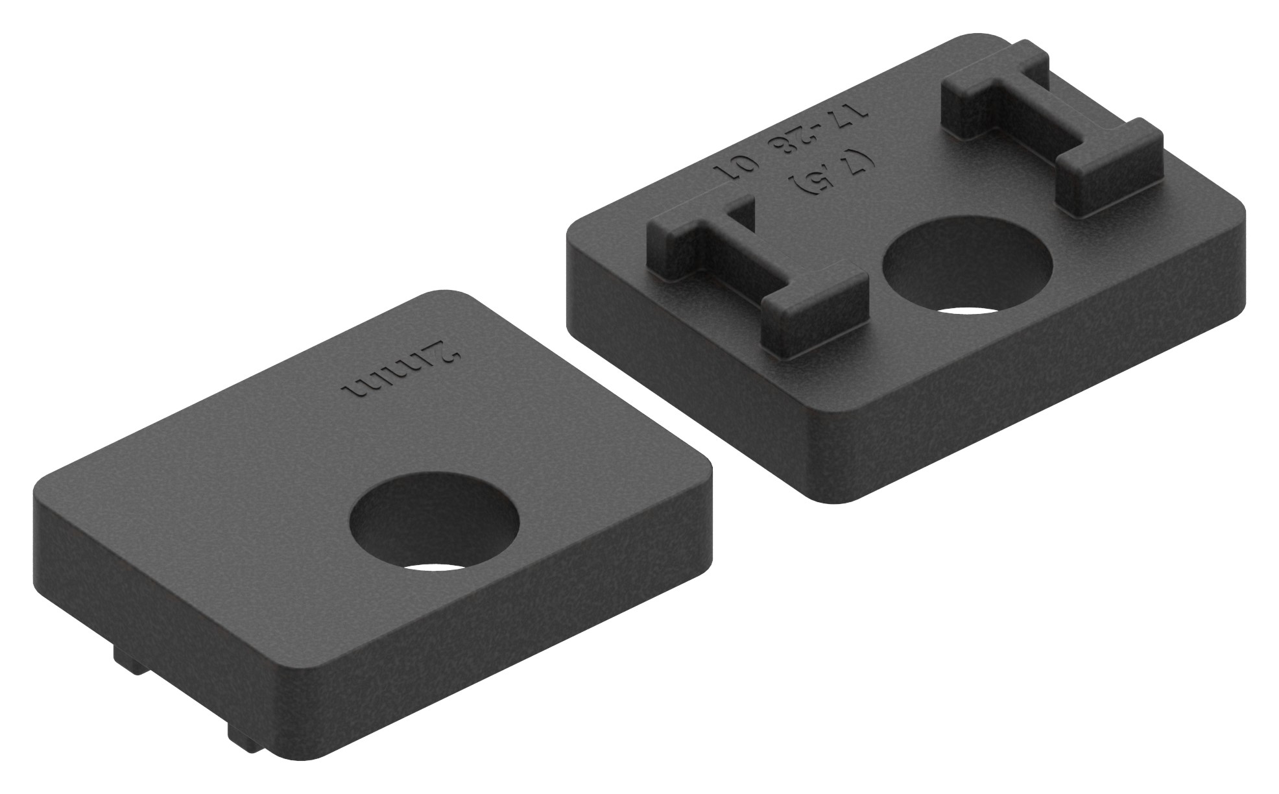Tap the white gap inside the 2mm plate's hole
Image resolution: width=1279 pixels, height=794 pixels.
click(438, 566)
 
